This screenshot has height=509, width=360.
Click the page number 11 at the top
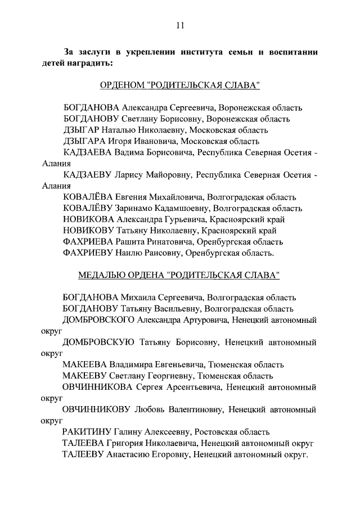click(x=180, y=25)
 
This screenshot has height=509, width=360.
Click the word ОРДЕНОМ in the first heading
click(x=121, y=85)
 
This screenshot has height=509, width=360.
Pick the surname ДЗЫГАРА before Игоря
click(x=90, y=141)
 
